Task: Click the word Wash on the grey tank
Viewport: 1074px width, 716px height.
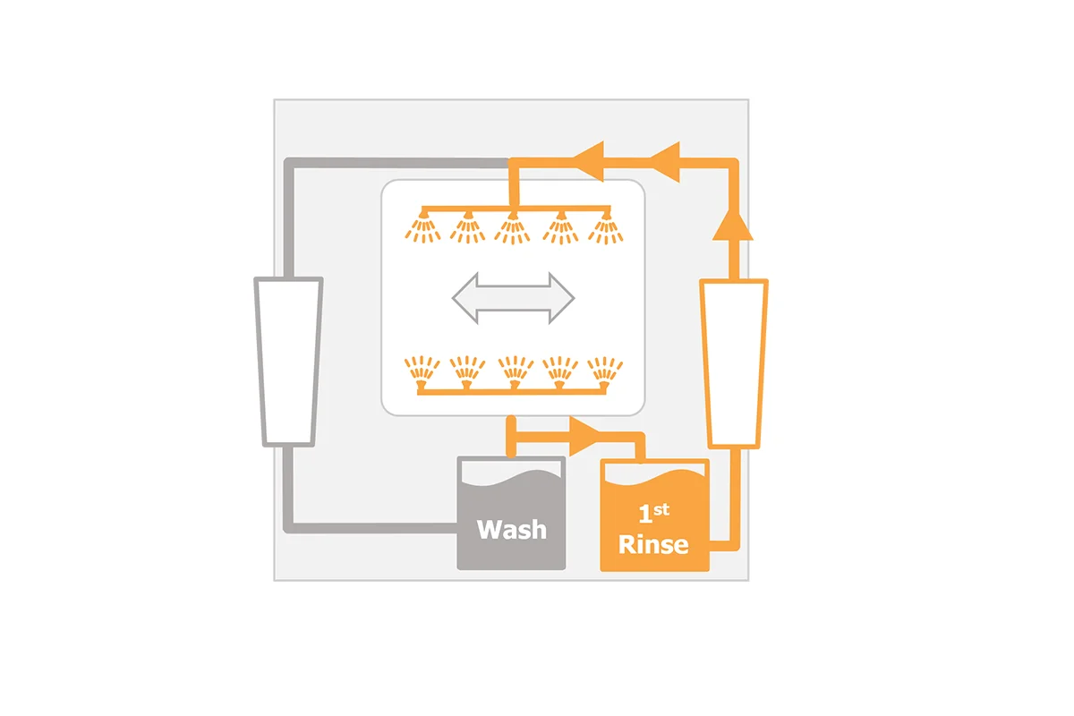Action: point(512,530)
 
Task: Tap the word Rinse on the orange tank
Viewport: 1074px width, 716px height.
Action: point(653,544)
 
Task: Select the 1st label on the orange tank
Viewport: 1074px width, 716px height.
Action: point(654,513)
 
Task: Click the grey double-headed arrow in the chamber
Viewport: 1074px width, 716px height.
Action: point(513,298)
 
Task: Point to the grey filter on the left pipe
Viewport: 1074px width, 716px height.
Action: point(288,362)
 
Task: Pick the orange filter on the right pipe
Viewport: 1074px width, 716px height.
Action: point(734,363)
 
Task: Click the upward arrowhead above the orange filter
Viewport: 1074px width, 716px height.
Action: point(733,225)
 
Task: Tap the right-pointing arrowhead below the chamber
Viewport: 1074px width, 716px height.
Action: point(584,437)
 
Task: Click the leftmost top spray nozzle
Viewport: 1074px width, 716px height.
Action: point(422,226)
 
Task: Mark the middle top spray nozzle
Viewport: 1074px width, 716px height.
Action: point(513,228)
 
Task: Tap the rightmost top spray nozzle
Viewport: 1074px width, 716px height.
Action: point(606,228)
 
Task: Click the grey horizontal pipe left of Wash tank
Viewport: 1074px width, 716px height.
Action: point(371,528)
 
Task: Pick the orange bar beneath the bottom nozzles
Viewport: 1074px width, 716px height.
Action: point(512,392)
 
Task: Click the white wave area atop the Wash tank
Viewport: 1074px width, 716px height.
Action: point(511,472)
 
